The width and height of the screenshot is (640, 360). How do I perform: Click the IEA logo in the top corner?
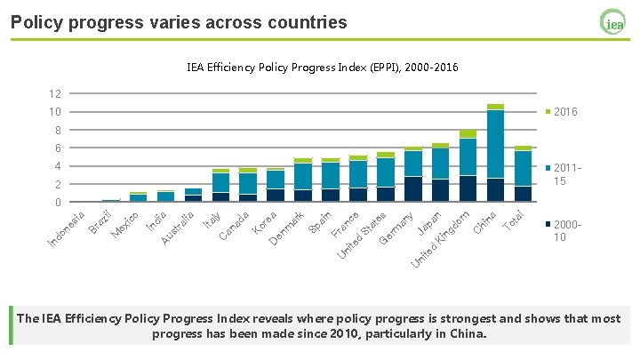pos(612,22)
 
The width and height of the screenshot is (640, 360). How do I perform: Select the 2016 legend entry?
pos(562,112)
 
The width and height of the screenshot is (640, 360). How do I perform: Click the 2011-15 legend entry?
pos(564,174)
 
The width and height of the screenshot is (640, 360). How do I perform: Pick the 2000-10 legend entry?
pos(564,230)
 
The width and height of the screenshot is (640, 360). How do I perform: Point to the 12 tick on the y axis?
pos(55,94)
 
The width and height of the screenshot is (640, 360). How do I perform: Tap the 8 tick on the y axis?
pos(58,130)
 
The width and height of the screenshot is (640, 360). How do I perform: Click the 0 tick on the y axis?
pos(58,202)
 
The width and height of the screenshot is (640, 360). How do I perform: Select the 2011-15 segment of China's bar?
pos(495,144)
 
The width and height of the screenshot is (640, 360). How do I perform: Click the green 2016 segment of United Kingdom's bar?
pos(468,134)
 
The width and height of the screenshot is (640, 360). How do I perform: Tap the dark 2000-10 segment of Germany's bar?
pos(413,189)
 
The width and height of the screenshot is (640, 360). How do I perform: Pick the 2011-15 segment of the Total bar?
pos(523,169)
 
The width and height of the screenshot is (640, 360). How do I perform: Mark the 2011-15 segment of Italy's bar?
pos(220,182)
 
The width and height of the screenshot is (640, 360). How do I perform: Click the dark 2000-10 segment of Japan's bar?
pos(440,190)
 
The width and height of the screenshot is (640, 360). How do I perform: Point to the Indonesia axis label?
pos(66,229)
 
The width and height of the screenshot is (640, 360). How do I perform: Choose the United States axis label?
pos(362,236)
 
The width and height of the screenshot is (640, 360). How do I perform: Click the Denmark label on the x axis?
pos(286,228)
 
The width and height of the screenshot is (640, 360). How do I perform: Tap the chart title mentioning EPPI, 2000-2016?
pos(323,68)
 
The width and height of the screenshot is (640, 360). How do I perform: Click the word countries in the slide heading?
pos(308,22)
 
